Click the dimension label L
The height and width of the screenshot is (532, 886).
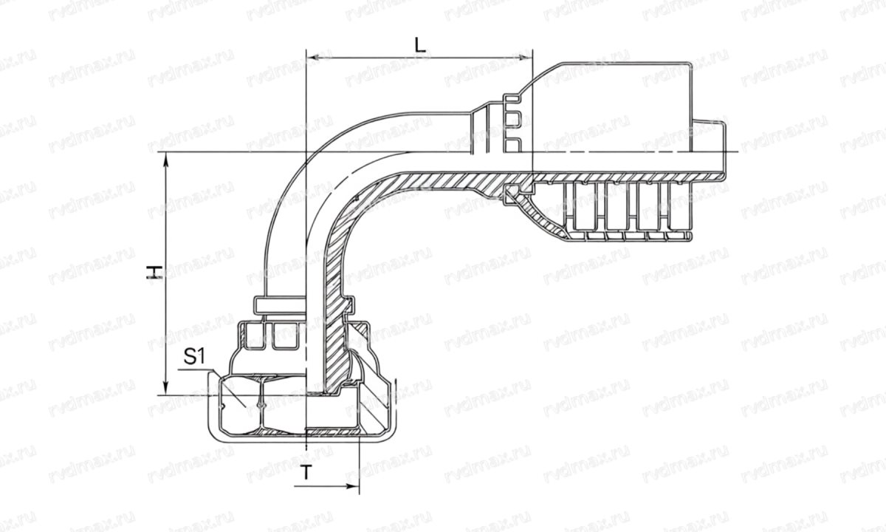coord(419,44)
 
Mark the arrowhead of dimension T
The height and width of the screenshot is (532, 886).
coord(353,487)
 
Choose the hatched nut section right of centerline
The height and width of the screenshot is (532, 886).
coord(373,392)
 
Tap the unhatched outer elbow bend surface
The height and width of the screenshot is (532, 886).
coord(295,199)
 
